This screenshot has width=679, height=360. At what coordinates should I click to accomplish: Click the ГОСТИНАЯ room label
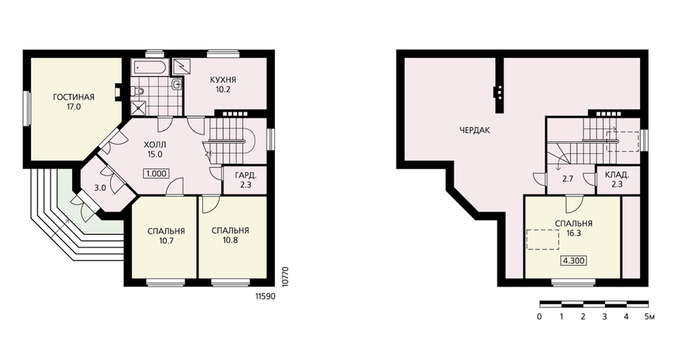click(x=73, y=97)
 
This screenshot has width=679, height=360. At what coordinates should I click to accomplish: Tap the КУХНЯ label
click(x=223, y=80)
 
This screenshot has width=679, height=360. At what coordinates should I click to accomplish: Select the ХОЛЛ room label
click(x=155, y=144)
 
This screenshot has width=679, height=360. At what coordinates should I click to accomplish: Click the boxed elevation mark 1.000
click(x=156, y=174)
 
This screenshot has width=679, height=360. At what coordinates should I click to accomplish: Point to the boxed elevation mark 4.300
click(x=574, y=261)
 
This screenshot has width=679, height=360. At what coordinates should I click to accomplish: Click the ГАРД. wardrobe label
click(x=246, y=176)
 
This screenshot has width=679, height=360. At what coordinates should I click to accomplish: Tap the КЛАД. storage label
click(x=617, y=175)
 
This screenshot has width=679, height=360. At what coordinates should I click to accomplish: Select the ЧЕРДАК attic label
click(x=475, y=130)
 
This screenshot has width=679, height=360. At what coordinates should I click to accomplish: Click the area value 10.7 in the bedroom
click(x=166, y=241)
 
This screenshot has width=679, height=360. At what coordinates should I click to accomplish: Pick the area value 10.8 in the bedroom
click(x=230, y=240)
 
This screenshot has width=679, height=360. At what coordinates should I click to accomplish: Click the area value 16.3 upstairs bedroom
click(x=573, y=233)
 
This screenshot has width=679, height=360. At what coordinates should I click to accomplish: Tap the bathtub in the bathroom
click(x=149, y=67)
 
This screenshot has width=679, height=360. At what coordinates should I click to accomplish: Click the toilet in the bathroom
click(x=138, y=91)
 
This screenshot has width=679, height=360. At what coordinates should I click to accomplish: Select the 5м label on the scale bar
click(x=649, y=317)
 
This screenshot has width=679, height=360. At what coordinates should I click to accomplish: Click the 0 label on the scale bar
click(x=539, y=317)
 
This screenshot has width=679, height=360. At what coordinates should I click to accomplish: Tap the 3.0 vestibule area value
click(x=100, y=188)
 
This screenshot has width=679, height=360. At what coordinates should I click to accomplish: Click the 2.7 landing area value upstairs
click(x=568, y=179)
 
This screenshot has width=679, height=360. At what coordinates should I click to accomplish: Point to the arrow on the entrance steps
click(x=60, y=228)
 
